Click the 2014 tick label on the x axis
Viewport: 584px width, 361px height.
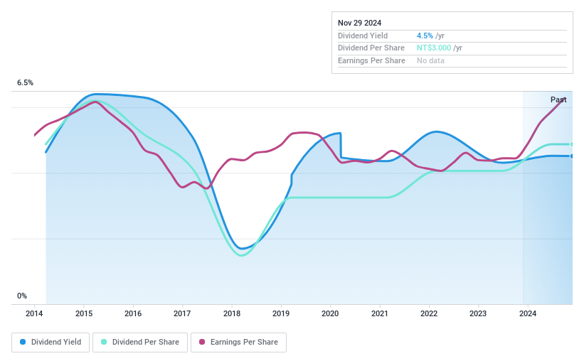click(34, 313)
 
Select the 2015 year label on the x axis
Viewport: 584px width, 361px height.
click(84, 313)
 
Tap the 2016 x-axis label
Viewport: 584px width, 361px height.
click(133, 313)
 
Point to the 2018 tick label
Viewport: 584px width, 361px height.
click(231, 313)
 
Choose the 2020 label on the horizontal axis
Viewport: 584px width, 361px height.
click(330, 313)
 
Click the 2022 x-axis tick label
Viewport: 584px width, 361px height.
click(428, 313)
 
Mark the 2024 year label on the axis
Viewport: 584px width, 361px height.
click(527, 313)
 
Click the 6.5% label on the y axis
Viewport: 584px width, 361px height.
click(26, 83)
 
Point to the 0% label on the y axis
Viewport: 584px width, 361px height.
click(22, 296)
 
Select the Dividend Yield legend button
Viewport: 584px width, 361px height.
click(51, 342)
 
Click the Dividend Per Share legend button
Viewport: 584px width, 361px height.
click(142, 342)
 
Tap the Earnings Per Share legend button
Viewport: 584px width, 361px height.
click(238, 342)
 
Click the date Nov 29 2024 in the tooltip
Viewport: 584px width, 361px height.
click(361, 23)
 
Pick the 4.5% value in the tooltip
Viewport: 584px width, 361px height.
click(425, 36)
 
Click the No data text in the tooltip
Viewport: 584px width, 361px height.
click(431, 61)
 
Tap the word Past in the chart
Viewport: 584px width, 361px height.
click(558, 99)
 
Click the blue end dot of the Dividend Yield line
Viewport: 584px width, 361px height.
click(572, 156)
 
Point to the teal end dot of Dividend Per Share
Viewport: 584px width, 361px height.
click(572, 144)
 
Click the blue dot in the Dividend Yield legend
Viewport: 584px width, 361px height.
click(23, 342)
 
